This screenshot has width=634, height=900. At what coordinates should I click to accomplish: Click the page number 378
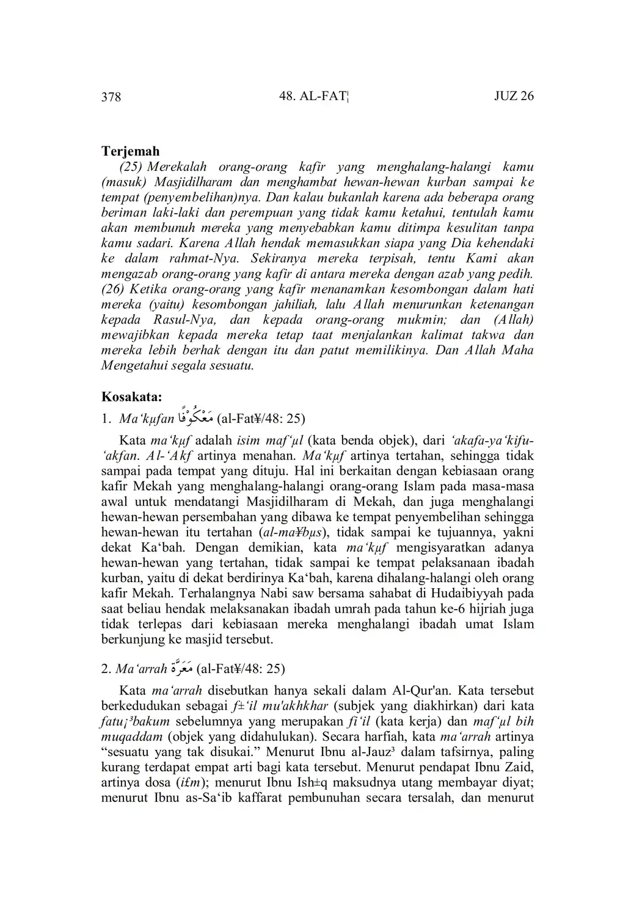[111, 97]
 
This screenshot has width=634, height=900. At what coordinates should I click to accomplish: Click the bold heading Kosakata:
[131, 397]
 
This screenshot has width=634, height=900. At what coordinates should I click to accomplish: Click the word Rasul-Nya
[181, 320]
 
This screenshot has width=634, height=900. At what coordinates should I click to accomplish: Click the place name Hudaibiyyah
[464, 593]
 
